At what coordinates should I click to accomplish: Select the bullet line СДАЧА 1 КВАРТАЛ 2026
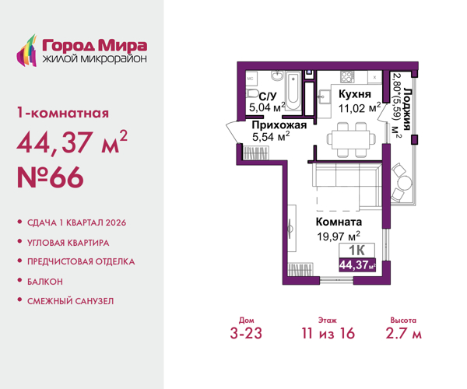click(x=76, y=223)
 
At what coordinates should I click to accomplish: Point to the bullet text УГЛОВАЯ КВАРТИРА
click(x=69, y=242)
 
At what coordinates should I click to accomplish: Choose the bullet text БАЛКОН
click(x=45, y=281)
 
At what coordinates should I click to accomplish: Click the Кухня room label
click(x=353, y=93)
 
